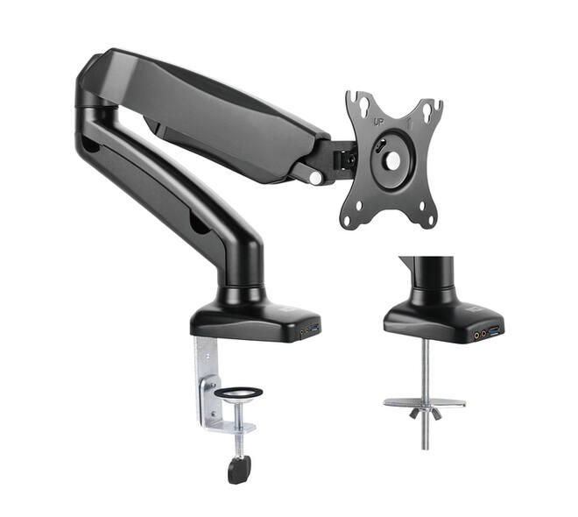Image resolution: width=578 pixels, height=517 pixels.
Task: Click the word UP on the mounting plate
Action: [378, 122]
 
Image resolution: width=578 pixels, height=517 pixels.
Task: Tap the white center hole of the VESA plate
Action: [392, 160]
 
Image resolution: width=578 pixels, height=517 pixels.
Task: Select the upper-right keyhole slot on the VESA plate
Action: [428, 110]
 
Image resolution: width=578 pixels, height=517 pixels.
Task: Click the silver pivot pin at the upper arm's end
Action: [315, 178]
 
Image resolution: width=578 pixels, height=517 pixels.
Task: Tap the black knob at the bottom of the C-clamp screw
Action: [239, 469]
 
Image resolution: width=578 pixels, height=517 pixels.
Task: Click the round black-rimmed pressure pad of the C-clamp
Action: [238, 393]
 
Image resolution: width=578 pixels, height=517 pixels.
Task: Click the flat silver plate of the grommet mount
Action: [425, 403]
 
